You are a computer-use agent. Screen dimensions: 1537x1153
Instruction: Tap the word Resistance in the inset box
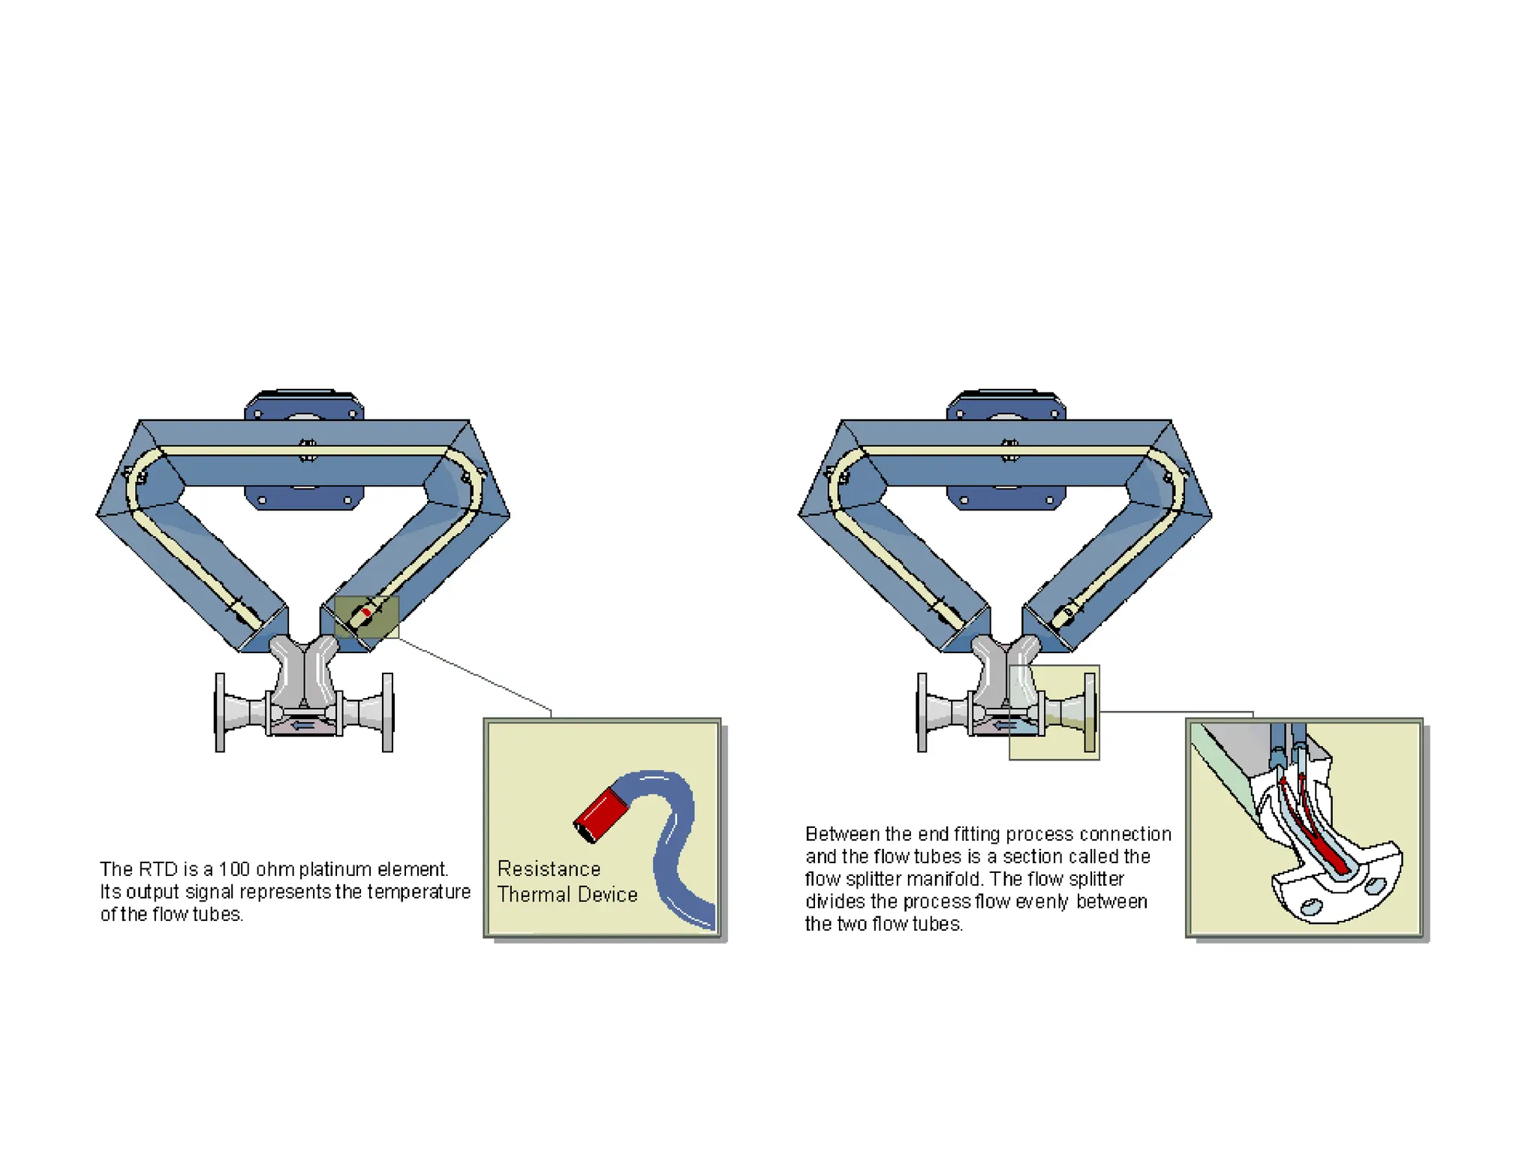[x=549, y=869]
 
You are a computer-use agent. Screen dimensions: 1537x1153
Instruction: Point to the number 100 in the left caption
[x=234, y=869]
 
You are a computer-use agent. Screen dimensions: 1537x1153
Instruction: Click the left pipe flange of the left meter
[x=220, y=712]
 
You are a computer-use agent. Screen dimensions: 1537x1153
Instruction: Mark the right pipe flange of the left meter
[x=387, y=712]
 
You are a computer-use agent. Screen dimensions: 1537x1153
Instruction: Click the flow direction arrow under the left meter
[x=303, y=725]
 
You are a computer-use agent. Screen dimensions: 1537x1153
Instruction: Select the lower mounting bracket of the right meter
[x=1006, y=498]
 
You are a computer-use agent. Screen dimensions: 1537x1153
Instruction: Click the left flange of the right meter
[x=922, y=712]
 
